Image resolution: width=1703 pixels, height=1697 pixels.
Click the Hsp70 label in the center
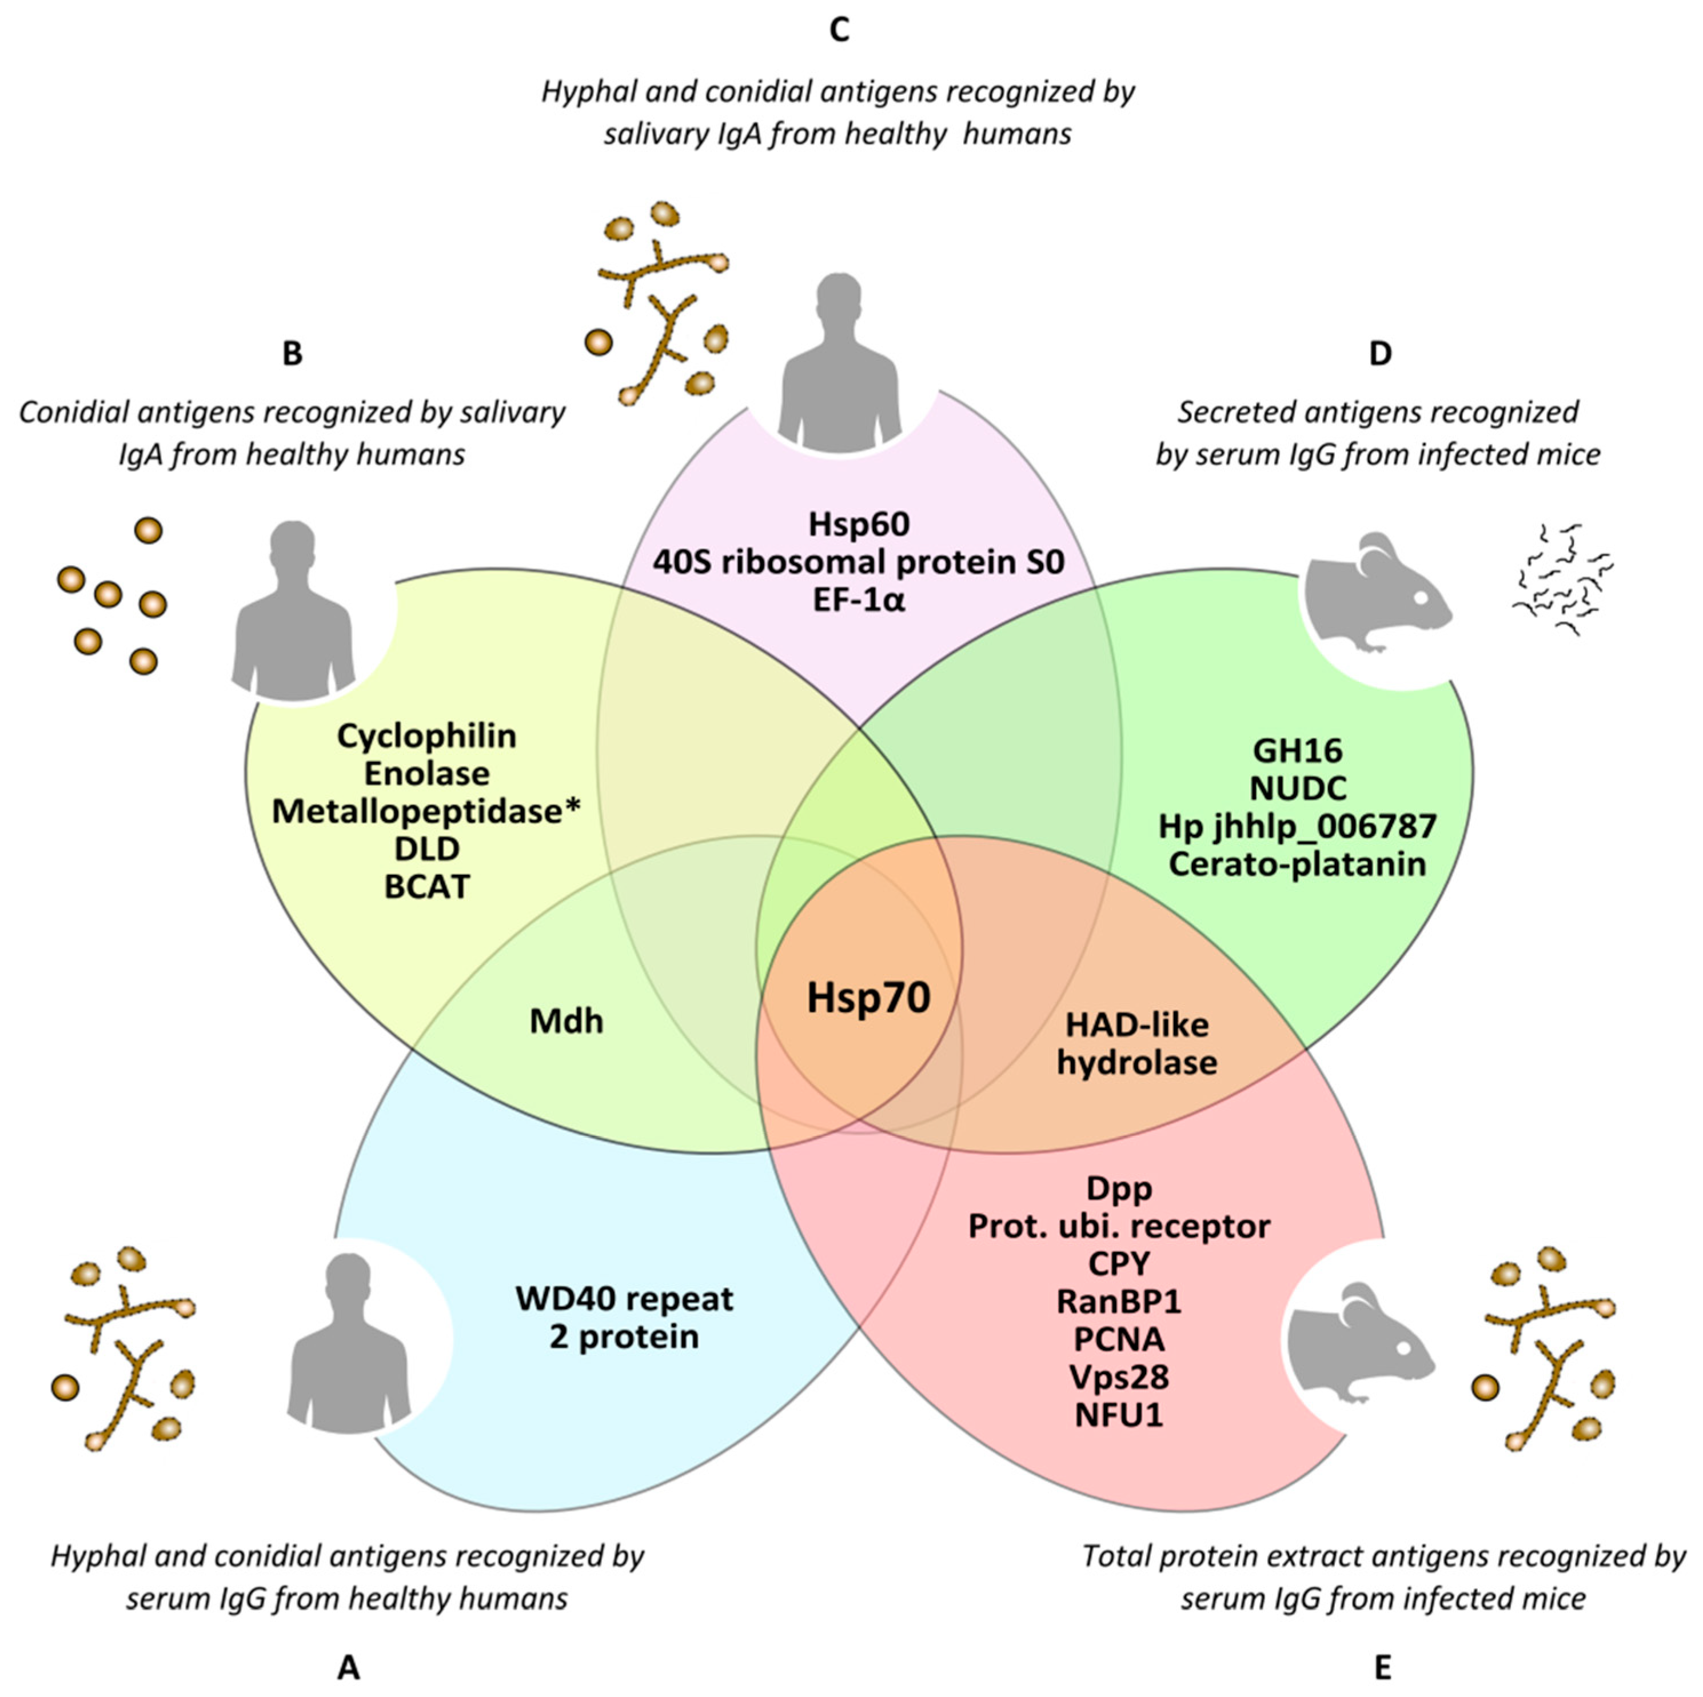tap(868, 998)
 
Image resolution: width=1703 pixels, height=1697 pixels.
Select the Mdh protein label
tap(566, 1021)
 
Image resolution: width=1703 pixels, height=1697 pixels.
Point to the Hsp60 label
tap(859, 525)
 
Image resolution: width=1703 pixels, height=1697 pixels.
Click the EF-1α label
tap(859, 600)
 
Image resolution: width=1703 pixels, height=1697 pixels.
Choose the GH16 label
tap(1298, 751)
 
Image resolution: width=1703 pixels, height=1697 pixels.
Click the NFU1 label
tap(1119, 1415)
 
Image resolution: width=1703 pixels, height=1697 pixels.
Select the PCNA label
tap(1119, 1339)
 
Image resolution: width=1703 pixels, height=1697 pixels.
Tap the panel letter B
tap(292, 353)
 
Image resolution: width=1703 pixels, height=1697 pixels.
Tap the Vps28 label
tap(1119, 1377)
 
